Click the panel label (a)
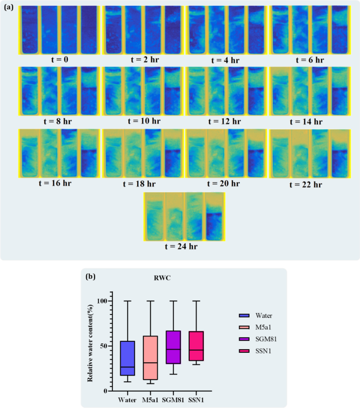(9, 7)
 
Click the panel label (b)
(90, 276)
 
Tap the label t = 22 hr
(310, 184)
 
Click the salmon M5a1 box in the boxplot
(150, 358)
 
